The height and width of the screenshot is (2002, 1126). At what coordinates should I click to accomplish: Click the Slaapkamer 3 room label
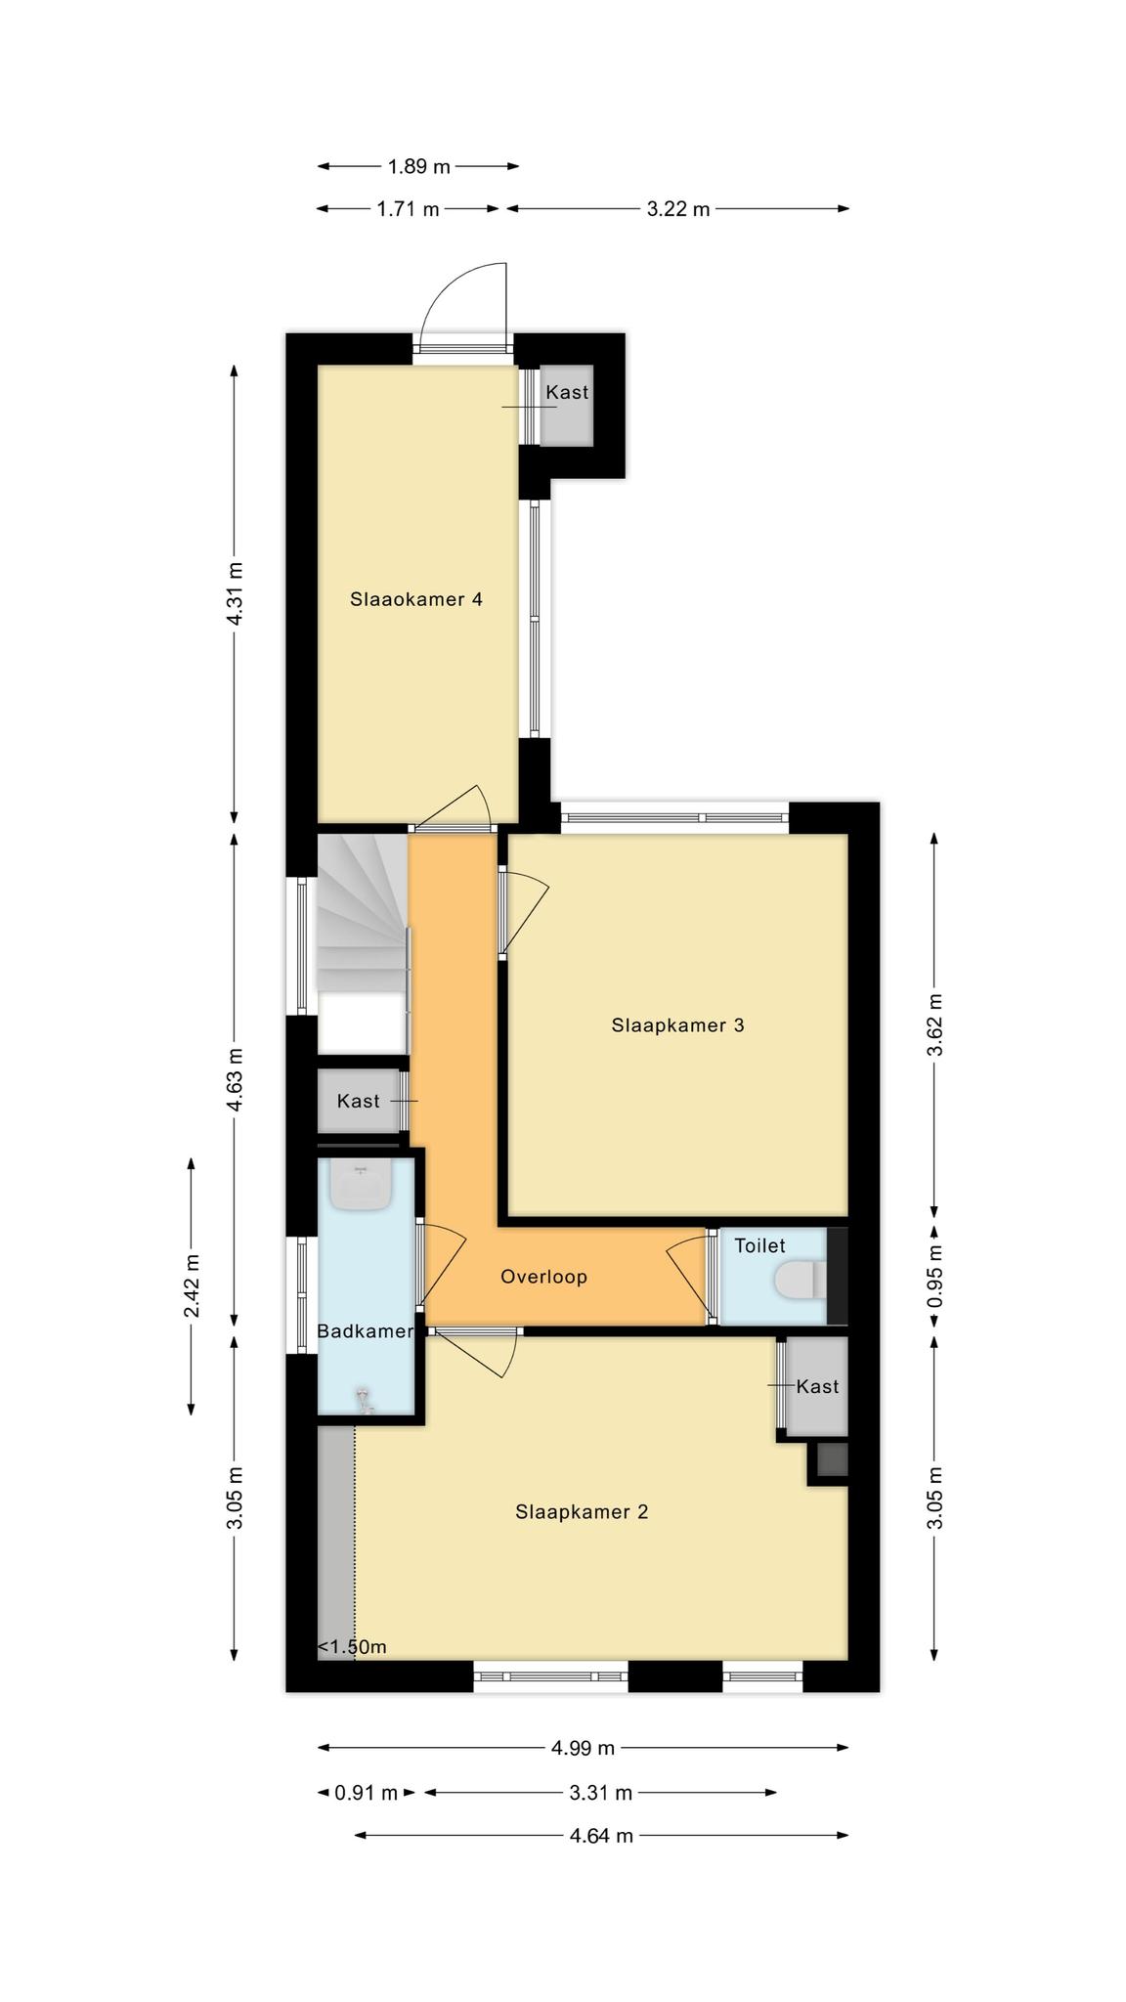click(x=677, y=1025)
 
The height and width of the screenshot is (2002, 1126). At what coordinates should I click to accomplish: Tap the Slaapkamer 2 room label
click(x=582, y=1512)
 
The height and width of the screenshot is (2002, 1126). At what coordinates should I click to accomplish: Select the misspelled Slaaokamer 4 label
click(x=416, y=599)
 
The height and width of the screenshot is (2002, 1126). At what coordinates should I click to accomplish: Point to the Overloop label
click(x=543, y=1277)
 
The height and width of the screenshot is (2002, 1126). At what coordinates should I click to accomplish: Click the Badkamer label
click(x=366, y=1331)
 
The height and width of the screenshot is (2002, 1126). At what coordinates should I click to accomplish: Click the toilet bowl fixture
click(x=801, y=1282)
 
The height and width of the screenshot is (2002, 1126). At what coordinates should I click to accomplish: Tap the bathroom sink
click(x=362, y=1185)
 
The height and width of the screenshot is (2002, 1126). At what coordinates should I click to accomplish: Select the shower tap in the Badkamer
click(x=366, y=1400)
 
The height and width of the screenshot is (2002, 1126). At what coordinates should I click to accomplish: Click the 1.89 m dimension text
click(x=419, y=166)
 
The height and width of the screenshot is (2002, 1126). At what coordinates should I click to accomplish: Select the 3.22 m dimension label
click(x=678, y=208)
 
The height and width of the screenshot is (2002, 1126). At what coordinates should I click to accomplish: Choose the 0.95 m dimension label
click(x=935, y=1277)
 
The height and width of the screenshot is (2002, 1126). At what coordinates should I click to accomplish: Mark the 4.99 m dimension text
click(x=583, y=1748)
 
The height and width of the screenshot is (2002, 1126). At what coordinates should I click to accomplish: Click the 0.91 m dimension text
click(x=367, y=1793)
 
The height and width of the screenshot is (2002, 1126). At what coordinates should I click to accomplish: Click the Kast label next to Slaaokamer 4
click(x=567, y=392)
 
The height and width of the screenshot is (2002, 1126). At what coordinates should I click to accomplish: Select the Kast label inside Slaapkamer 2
click(x=817, y=1386)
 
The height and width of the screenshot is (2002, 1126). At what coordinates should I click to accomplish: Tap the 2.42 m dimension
click(x=193, y=1285)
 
